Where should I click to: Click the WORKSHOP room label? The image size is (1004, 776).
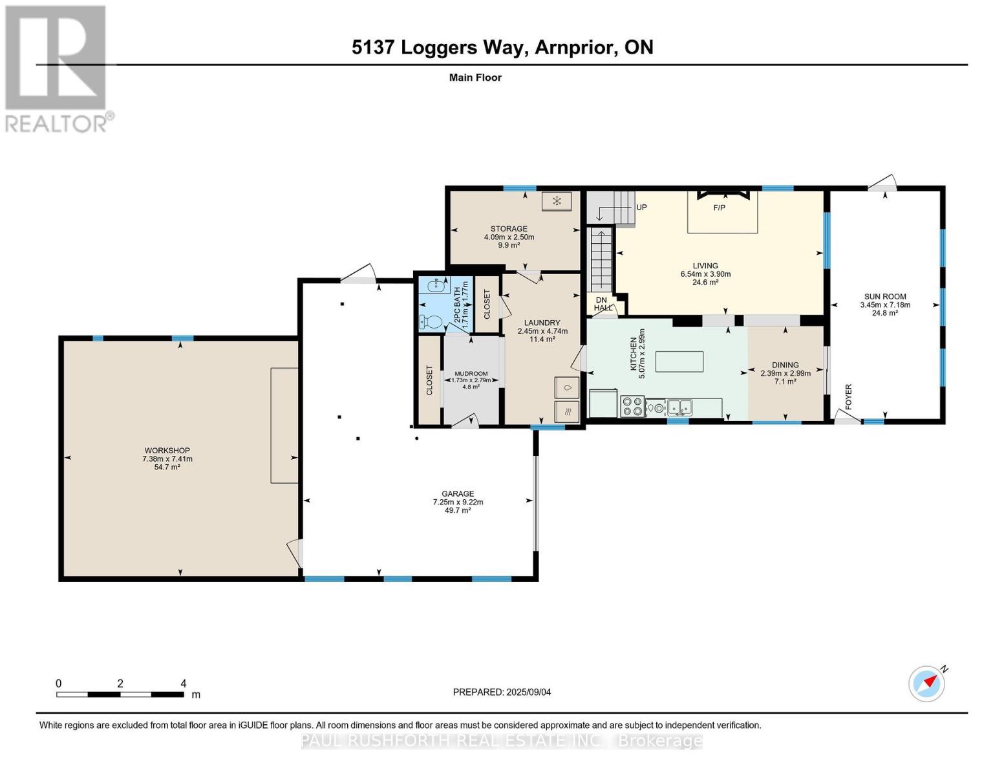(x=167, y=450)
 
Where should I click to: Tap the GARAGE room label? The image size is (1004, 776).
(x=458, y=493)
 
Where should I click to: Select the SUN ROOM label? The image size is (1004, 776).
(x=885, y=296)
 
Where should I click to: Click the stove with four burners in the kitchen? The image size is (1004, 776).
(x=632, y=406)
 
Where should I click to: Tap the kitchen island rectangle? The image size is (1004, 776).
(x=679, y=361)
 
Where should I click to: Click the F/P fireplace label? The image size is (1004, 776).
(x=719, y=208)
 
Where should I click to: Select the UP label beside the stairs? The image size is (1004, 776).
(x=641, y=207)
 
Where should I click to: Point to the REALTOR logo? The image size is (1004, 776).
(x=57, y=69)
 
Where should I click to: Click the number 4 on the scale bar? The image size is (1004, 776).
(x=184, y=683)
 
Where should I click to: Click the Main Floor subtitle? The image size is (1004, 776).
(x=475, y=78)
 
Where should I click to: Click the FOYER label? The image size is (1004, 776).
(x=848, y=396)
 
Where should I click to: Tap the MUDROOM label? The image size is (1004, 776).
(x=471, y=373)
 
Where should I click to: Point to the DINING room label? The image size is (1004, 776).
(x=785, y=365)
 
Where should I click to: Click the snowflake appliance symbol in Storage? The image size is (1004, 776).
(x=557, y=201)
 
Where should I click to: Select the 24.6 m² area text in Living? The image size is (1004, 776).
(x=705, y=283)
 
